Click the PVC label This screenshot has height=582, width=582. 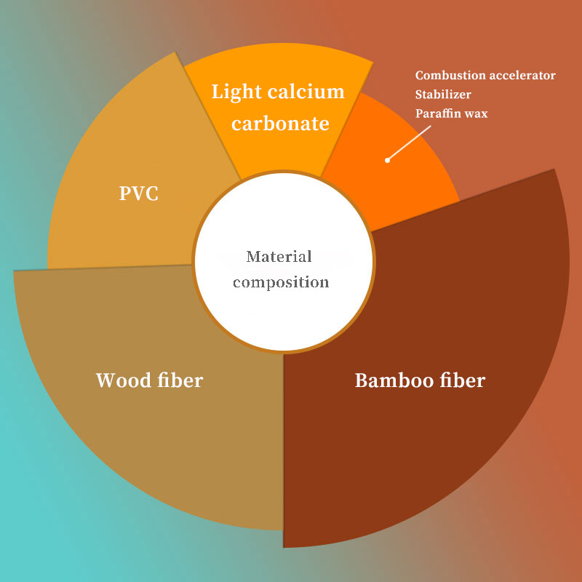click(138, 194)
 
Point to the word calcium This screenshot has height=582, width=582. click(306, 92)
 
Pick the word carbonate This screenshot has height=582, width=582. click(280, 123)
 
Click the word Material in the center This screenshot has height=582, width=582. click(279, 257)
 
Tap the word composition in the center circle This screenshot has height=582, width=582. click(281, 282)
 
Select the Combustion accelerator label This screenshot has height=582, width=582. click(485, 76)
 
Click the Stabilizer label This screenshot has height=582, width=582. click(443, 95)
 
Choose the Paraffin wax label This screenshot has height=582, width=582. click(451, 113)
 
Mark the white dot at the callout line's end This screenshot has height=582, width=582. click(388, 160)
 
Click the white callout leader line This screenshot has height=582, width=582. click(410, 143)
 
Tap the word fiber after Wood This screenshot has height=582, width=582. click(180, 380)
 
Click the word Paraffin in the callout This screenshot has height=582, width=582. click(438, 113)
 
